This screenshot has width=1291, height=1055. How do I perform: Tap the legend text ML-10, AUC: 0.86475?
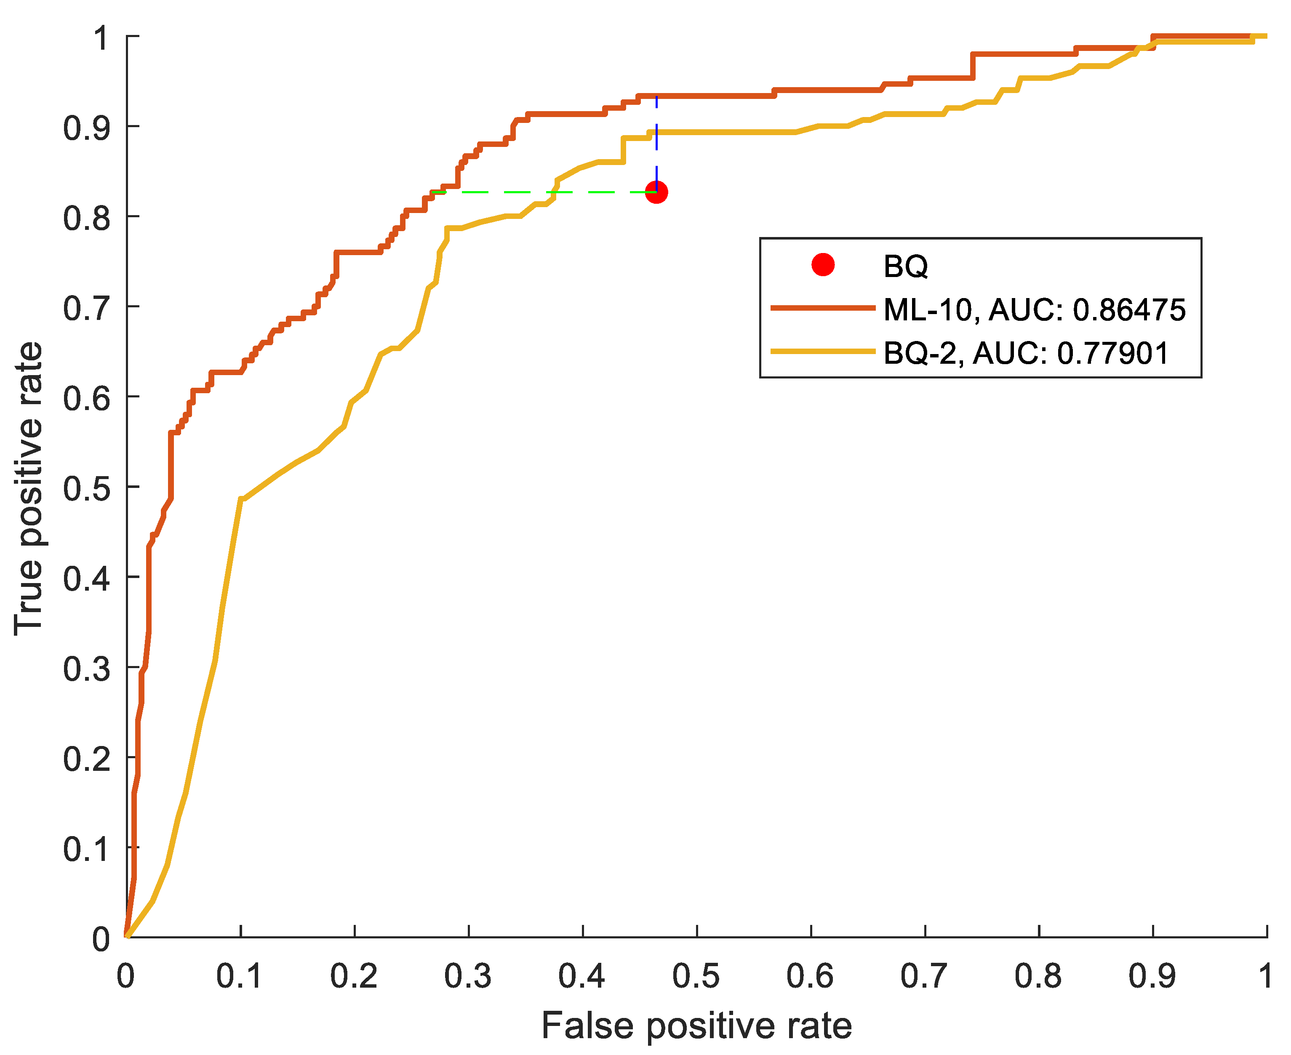point(1034,309)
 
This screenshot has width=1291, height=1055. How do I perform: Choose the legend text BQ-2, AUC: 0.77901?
point(1026,353)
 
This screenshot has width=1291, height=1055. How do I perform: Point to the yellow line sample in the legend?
point(823,351)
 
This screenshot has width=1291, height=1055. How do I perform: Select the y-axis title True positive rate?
point(29,489)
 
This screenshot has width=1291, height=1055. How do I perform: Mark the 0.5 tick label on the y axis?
point(87,488)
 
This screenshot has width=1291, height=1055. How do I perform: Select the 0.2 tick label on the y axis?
point(87,759)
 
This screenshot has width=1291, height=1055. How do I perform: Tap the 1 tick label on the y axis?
point(101,38)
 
